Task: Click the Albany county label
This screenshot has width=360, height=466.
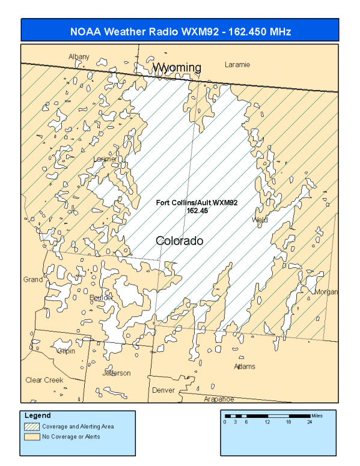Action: point(79,57)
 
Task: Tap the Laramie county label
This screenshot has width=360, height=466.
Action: point(237,64)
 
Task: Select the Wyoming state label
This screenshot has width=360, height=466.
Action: point(176,67)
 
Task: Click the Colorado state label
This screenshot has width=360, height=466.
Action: point(179,241)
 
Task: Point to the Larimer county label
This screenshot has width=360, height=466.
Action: point(106,159)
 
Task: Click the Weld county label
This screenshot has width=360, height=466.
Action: point(260,220)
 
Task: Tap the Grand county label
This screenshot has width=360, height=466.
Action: point(32,279)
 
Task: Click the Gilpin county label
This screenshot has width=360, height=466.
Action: point(65,350)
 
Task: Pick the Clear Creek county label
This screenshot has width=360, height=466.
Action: point(44,380)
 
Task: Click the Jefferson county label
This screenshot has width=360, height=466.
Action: point(117,373)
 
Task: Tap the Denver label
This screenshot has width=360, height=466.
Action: point(163,390)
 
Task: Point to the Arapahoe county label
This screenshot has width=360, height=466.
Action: point(219,399)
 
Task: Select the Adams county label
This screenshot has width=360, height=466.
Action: point(245,366)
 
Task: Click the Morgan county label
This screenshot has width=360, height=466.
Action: point(326,292)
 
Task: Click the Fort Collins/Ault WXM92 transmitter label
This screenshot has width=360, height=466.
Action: point(197,203)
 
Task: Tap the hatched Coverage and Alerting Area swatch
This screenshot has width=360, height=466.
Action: point(31,426)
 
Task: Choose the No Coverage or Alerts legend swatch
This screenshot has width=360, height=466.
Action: point(31,437)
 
